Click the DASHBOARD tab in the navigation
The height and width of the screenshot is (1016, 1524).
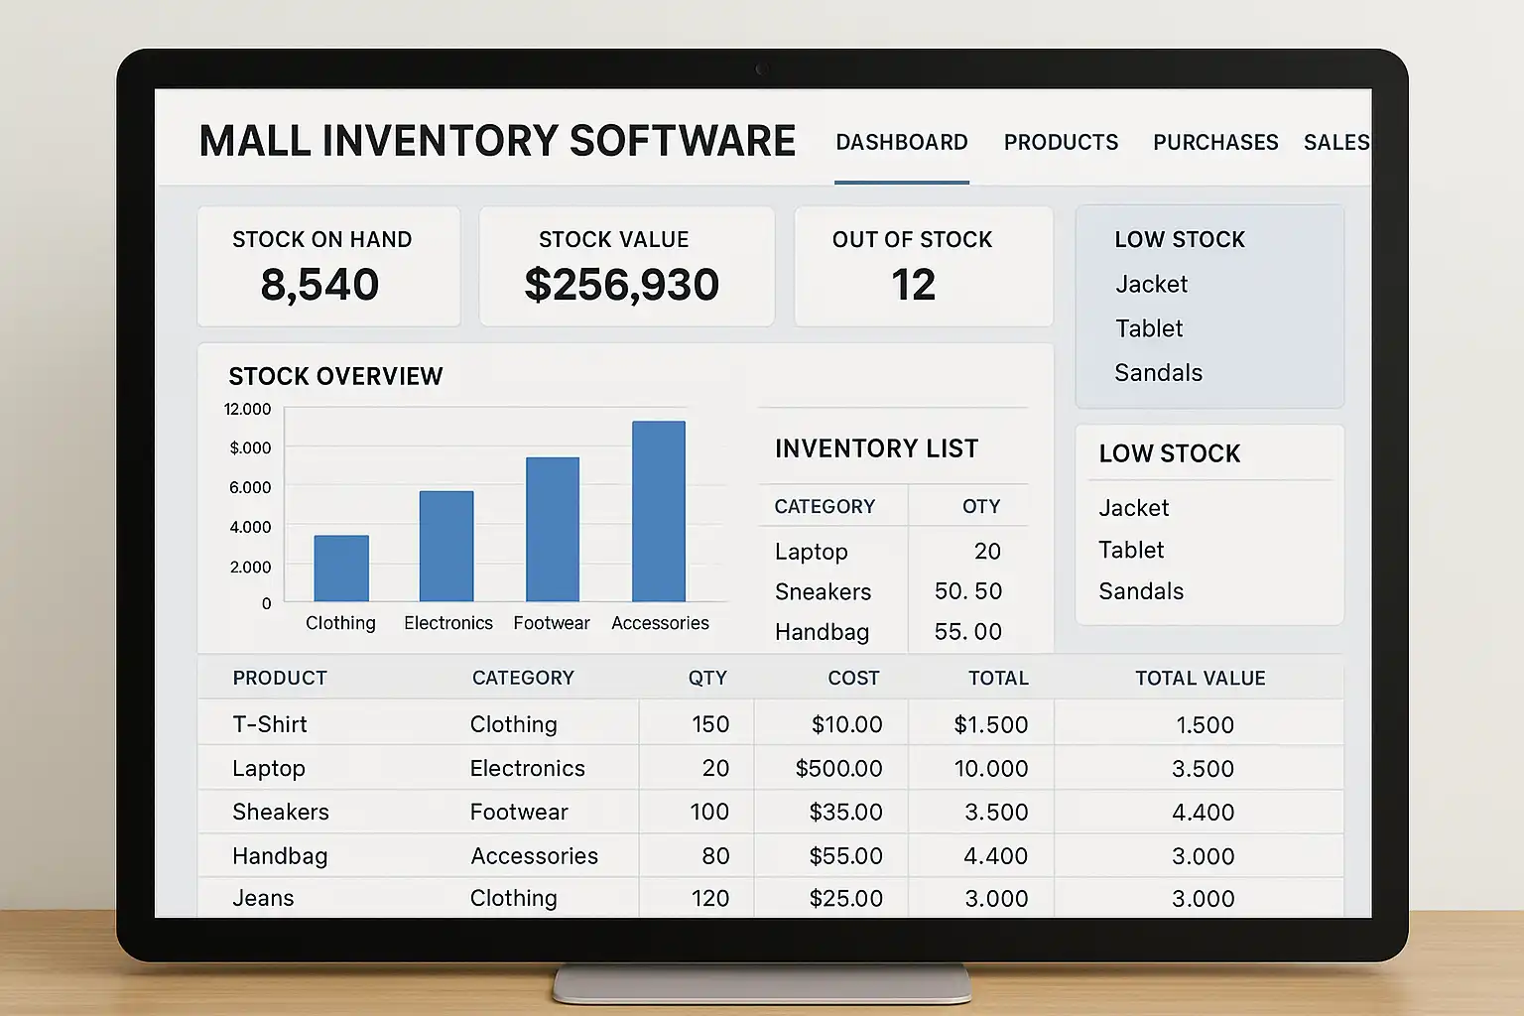[901, 143]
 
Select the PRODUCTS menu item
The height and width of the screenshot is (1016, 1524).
[1061, 143]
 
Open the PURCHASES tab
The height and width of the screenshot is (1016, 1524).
[1215, 143]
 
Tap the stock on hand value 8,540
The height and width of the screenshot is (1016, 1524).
[319, 286]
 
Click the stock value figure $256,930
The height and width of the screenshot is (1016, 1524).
[622, 286]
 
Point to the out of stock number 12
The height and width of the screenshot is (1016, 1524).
[913, 286]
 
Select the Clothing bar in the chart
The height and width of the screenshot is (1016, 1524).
[341, 569]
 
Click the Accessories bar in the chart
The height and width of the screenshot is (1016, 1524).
[659, 512]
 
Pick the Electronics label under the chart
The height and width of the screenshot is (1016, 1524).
[448, 623]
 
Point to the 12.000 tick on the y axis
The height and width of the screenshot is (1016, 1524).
[247, 409]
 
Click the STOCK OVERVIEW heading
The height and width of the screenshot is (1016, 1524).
[335, 377]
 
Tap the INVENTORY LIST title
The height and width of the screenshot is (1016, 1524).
[876, 449]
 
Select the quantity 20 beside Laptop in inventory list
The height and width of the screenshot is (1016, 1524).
[987, 552]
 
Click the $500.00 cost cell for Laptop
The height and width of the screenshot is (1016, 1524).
[838, 769]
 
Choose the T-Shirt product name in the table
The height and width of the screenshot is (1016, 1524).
[270, 725]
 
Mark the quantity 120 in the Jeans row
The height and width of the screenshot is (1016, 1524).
[709, 899]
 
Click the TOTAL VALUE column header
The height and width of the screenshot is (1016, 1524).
[1200, 679]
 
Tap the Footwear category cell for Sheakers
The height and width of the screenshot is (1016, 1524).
[519, 813]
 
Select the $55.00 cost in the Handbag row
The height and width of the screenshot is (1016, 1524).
[845, 856]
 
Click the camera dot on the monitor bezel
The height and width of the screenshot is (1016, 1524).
[762, 69]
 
